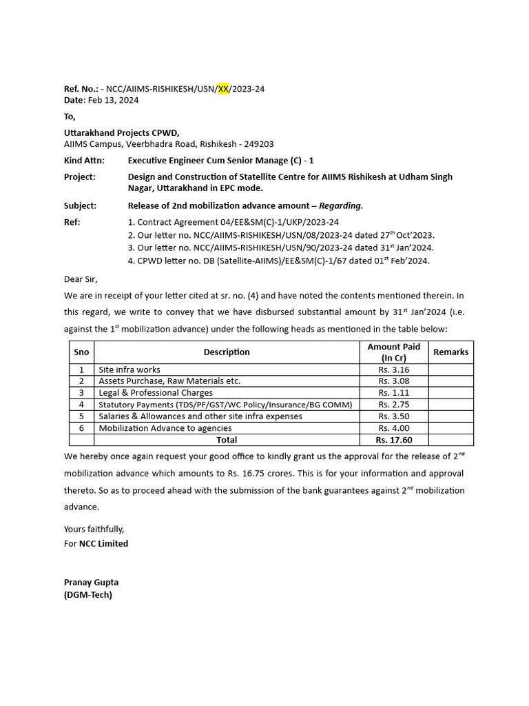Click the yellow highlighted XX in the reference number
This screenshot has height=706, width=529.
coord(224,89)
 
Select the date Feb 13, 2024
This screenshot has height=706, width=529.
coord(113,100)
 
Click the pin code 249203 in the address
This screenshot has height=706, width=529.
coord(258,144)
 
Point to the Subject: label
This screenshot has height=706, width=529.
coord(81,205)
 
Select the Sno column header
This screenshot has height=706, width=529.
coord(81,352)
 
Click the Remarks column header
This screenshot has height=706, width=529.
coord(450,352)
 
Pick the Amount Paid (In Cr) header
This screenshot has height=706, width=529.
coord(393,352)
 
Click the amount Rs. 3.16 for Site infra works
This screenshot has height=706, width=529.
coord(393,370)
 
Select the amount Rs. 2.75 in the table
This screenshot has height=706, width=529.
coord(393,405)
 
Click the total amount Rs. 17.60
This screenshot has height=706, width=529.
coord(393,440)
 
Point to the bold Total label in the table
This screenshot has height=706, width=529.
coord(227,440)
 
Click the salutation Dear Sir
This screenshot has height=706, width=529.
coord(81,279)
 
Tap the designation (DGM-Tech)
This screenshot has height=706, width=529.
coord(87,594)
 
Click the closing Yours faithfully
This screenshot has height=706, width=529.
coord(94,529)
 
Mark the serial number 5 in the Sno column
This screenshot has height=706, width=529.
coord(81,416)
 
